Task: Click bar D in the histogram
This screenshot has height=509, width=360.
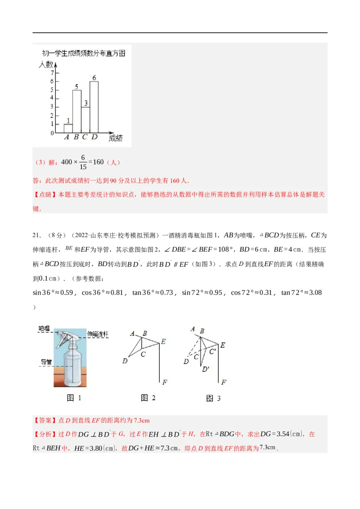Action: pos(94,107)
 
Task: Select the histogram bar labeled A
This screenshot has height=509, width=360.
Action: pos(68,129)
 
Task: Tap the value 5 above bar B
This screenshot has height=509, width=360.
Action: pos(76,87)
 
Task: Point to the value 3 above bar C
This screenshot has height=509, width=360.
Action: pos(85,103)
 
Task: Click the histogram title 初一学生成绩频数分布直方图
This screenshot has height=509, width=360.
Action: pos(83,53)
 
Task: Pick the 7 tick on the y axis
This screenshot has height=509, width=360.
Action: pos(52,73)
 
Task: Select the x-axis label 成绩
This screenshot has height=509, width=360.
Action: pos(116,138)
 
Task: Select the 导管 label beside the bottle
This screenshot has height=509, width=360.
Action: pos(46,361)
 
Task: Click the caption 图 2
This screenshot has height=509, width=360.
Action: pos(148,397)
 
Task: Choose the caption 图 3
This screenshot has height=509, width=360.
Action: pos(213,398)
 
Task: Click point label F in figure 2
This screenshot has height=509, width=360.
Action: pos(165,382)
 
